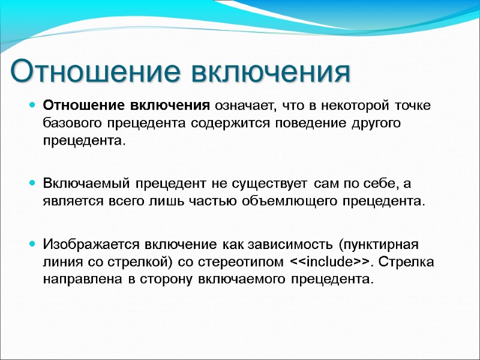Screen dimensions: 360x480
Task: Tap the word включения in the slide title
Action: point(270,71)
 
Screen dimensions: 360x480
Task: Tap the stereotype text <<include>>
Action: point(329,262)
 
